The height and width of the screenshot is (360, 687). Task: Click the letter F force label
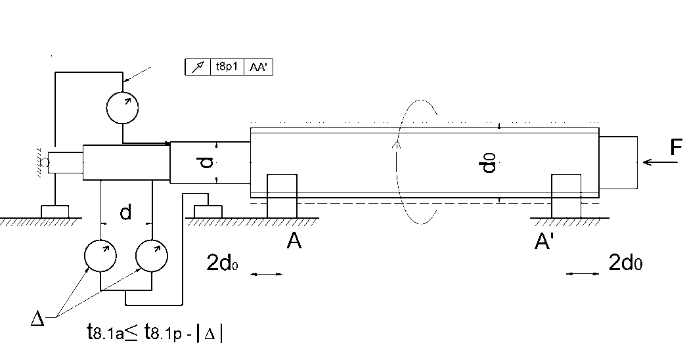(676, 148)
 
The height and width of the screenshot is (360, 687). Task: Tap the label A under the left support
(294, 242)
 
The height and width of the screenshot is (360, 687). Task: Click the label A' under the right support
(544, 242)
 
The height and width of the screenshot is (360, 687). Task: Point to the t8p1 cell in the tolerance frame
(227, 67)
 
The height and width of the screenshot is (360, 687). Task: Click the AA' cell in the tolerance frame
(258, 67)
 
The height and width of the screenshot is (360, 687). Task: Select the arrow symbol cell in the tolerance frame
(197, 67)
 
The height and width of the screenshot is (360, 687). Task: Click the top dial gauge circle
(123, 107)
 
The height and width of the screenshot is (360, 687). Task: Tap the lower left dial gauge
(100, 256)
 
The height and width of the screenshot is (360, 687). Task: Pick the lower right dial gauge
(152, 256)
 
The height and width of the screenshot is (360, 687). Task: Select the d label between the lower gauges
(125, 212)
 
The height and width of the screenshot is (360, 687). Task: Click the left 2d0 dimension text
(222, 262)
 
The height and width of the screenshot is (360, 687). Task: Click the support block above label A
(282, 195)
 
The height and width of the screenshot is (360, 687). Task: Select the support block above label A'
(566, 195)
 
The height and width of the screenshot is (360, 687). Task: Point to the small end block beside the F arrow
(618, 162)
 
